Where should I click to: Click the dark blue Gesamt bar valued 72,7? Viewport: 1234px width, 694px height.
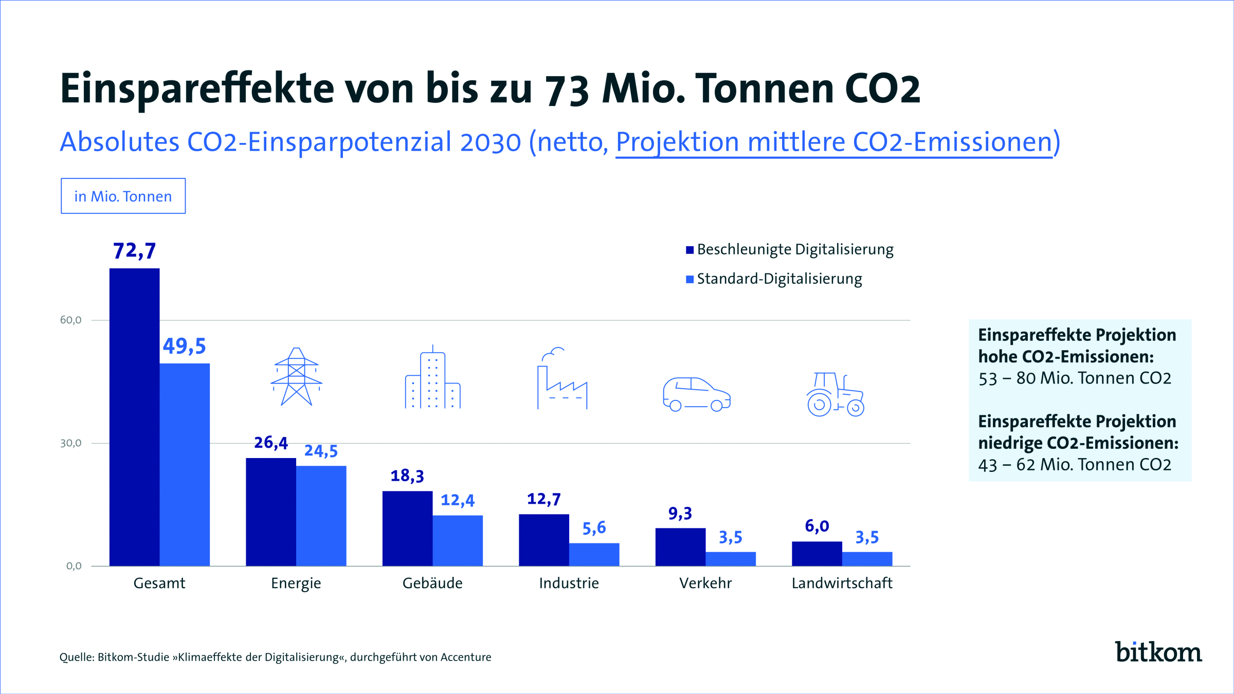click(134, 416)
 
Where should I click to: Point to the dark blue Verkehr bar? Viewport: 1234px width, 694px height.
click(680, 546)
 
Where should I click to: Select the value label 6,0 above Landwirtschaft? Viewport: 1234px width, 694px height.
click(816, 526)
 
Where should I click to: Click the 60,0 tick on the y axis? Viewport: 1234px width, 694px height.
click(71, 320)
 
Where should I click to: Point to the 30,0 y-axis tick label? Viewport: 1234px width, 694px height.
click(71, 443)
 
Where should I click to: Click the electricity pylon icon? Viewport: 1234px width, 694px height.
click(296, 377)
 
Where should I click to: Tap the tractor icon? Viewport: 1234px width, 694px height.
click(835, 394)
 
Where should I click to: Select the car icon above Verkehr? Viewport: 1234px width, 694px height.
click(696, 394)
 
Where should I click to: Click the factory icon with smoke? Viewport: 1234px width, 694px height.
click(561, 379)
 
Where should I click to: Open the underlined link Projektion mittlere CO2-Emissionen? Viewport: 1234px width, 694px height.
click(834, 142)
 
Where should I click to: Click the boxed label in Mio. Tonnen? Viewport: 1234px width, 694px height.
click(123, 196)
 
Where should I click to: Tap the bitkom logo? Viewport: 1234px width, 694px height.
click(1158, 652)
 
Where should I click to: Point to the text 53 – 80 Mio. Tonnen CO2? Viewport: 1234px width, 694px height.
click(1075, 379)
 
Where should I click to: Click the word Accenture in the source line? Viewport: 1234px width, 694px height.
click(466, 658)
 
